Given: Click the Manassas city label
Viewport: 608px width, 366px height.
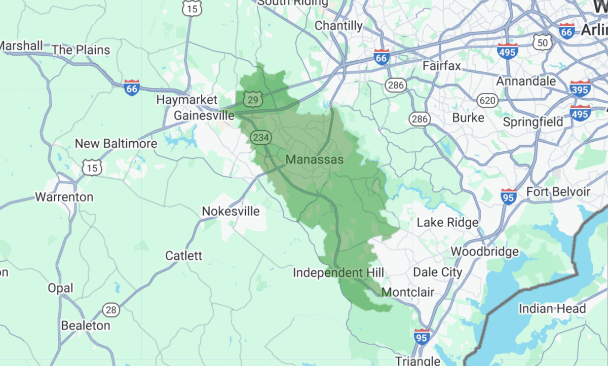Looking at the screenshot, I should coord(314,160).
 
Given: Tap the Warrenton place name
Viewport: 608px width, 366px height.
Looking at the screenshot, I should coord(64,197).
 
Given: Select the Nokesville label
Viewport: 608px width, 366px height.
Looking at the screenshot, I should coord(231,211).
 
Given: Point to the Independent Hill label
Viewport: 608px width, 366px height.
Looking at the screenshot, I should coord(338,273).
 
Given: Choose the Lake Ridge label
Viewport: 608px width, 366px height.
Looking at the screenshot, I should coord(447,222).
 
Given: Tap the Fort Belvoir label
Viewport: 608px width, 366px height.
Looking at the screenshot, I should coord(558,192).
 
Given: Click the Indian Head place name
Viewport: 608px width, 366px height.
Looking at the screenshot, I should coord(552,309).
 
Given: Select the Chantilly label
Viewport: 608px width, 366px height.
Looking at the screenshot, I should coord(338,25).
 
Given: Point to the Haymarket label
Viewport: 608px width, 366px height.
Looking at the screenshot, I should coord(186,100).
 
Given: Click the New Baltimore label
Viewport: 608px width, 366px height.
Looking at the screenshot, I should coord(116,144).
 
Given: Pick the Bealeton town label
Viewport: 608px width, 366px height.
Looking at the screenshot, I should coord(85,326).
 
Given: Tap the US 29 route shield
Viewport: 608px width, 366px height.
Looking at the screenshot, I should coord(252,99).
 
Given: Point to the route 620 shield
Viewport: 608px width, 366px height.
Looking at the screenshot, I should coord(487,101).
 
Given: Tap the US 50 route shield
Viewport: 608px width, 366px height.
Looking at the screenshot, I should coord(543,43).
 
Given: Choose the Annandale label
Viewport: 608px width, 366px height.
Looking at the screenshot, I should coord(526,81).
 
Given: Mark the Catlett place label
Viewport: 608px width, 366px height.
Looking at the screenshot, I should coord(183,256).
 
